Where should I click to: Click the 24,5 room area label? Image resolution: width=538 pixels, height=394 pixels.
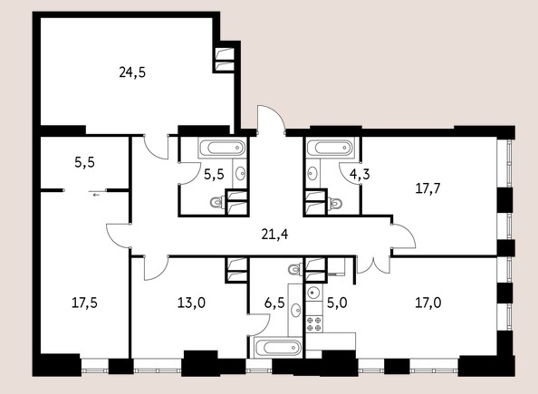[132, 72]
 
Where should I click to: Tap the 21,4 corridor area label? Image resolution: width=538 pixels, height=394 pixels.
[274, 235]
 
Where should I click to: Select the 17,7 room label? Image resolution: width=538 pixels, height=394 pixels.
[428, 188]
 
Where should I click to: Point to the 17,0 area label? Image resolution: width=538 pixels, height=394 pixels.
[428, 303]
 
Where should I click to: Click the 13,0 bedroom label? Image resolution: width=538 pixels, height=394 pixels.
[191, 303]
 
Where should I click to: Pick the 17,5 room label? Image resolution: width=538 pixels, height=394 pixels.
[84, 303]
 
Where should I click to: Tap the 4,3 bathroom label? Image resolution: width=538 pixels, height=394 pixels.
[360, 175]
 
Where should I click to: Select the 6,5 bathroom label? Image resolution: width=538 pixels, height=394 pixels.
[274, 303]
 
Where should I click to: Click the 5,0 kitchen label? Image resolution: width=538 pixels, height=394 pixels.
[337, 303]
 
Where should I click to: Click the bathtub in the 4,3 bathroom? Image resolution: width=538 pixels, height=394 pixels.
[330, 148]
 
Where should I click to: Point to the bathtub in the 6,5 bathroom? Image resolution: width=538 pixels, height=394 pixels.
[278, 348]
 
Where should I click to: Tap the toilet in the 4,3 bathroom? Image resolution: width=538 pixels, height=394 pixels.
[334, 204]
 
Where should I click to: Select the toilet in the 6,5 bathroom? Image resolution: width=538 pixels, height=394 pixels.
[295, 269]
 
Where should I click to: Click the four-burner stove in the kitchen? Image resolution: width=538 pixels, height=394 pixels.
[314, 323]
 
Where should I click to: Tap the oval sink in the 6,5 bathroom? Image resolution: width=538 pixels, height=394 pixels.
[296, 310]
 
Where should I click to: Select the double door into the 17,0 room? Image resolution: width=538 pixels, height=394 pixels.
[373, 265]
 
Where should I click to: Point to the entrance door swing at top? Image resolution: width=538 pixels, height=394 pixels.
[271, 119]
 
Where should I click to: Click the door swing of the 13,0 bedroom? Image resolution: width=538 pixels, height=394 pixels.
[156, 268]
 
